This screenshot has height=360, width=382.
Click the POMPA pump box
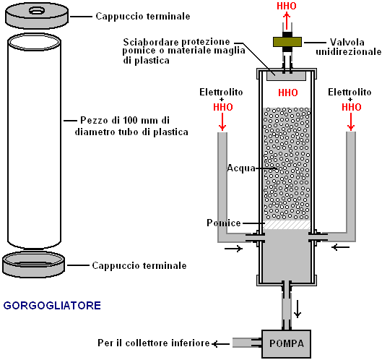pyautogui.click(x=286, y=343)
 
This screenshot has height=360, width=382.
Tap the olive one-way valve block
pyautogui.click(x=287, y=42)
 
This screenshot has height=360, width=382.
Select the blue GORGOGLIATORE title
pyautogui.click(x=52, y=306)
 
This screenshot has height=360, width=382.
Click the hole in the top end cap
pyautogui.click(x=37, y=11)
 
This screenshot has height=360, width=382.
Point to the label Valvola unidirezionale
pyautogui.click(x=348, y=47)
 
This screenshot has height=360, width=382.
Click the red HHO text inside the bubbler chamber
pyautogui.click(x=288, y=93)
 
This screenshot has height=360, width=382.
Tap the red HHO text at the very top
pyautogui.click(x=287, y=6)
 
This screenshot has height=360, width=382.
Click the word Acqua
pyautogui.click(x=241, y=168)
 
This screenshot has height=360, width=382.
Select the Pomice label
pyautogui.click(x=224, y=223)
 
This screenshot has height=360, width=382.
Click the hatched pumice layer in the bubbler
pyautogui.click(x=287, y=225)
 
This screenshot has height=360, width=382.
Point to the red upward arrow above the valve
pyautogui.click(x=287, y=21)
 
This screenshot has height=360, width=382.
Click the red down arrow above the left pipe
pyautogui.click(x=222, y=121)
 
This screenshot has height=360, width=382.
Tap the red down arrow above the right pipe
pyautogui.click(x=351, y=121)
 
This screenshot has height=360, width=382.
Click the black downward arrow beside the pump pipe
pyautogui.click(x=298, y=309)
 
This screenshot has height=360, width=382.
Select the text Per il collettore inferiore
pyautogui.click(x=154, y=343)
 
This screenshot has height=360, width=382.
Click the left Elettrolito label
pyautogui.click(x=221, y=93)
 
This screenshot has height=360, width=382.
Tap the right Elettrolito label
pyautogui.click(x=350, y=93)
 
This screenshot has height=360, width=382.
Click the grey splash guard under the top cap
pyautogui.click(x=287, y=76)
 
